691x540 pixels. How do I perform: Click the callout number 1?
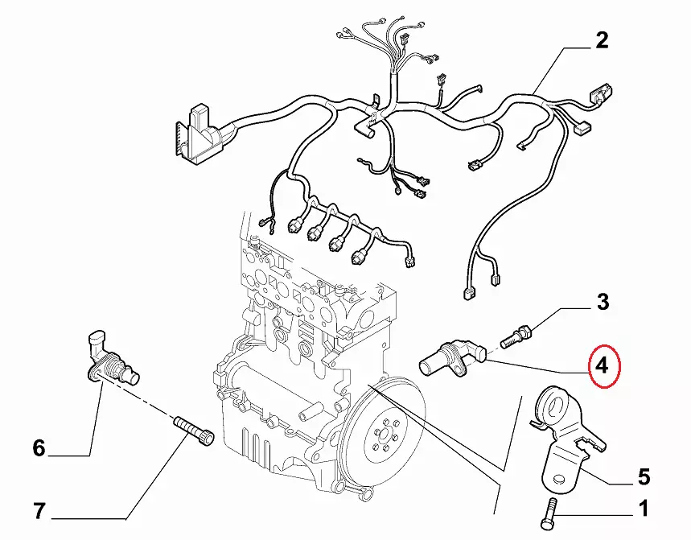[x=642, y=508]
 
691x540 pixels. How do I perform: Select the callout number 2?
[x=601, y=40]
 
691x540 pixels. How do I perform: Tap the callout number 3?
[x=602, y=303]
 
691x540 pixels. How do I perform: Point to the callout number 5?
[x=643, y=477]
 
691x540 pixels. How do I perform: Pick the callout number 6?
[x=39, y=447]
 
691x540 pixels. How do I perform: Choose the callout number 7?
[x=39, y=509]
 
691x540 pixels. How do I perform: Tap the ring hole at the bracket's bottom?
[x=561, y=479]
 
